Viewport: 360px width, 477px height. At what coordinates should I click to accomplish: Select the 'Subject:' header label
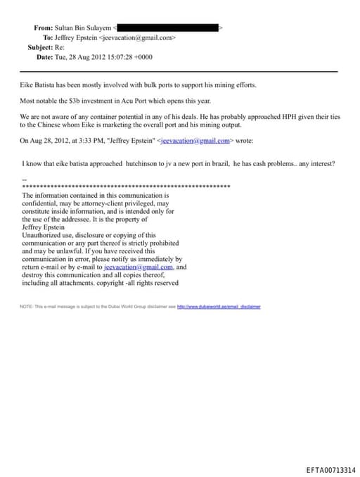(x=40, y=47)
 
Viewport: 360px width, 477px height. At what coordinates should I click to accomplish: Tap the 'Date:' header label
(x=44, y=57)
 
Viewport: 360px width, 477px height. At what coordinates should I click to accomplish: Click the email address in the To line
(x=138, y=37)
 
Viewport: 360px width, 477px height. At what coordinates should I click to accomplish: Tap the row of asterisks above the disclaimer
(x=127, y=186)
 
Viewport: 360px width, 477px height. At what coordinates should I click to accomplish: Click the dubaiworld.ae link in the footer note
(x=219, y=307)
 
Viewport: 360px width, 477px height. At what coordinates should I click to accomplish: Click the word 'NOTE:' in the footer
(x=27, y=307)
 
